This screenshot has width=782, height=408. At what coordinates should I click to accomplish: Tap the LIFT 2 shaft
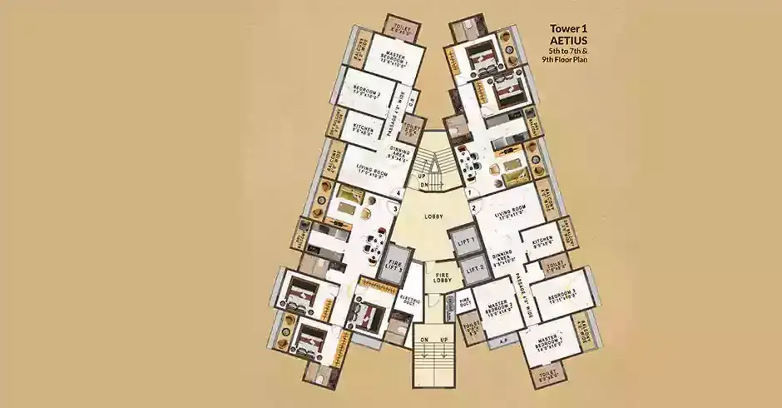point(473,269)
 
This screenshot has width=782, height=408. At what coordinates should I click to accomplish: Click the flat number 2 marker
point(473,208)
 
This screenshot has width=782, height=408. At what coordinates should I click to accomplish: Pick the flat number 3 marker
point(384,208)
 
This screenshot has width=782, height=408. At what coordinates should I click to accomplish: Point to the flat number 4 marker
point(400,193)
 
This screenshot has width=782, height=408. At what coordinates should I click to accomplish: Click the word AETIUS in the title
point(570,49)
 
